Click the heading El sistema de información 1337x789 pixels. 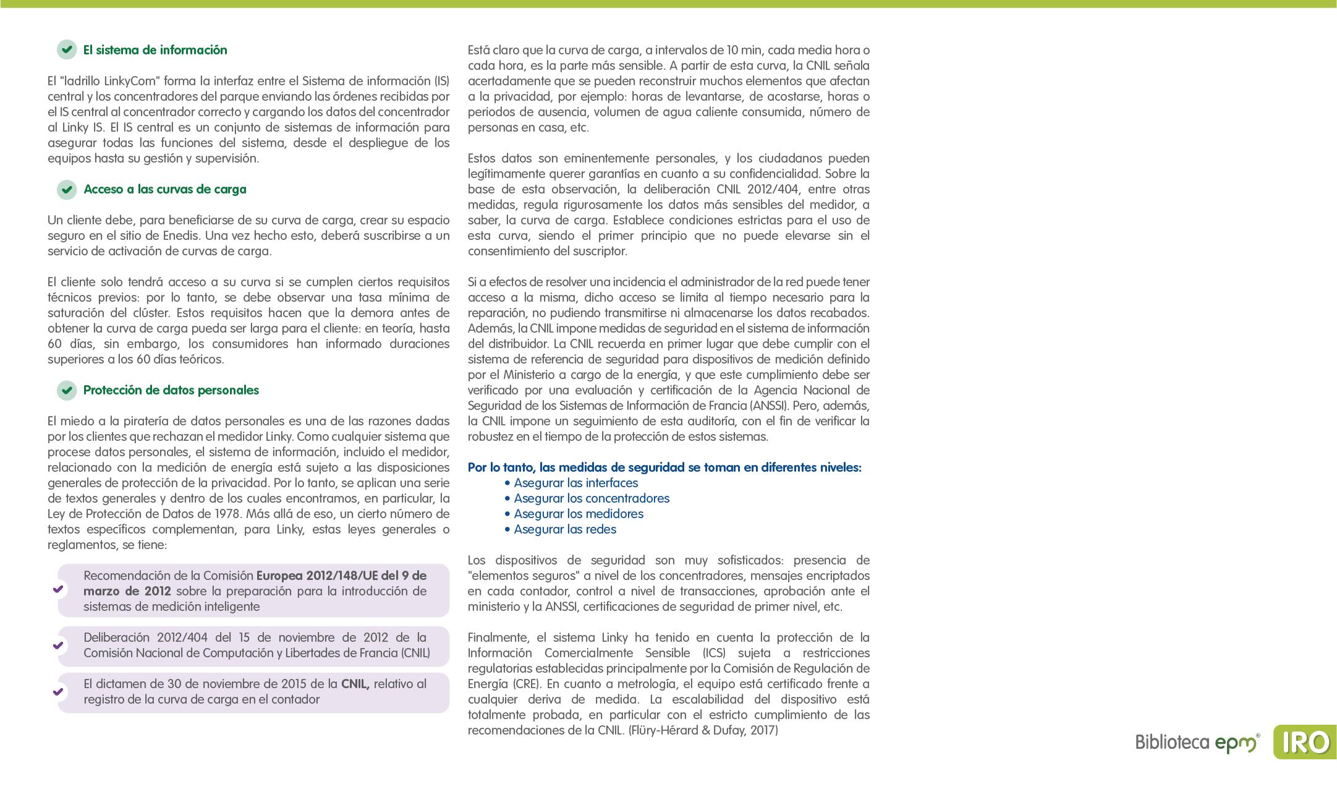pyautogui.click(x=155, y=50)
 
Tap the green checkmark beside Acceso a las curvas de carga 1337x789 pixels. pyautogui.click(x=67, y=189)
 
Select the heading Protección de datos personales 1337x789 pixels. pyautogui.click(x=171, y=390)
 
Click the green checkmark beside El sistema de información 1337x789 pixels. pyautogui.click(x=67, y=50)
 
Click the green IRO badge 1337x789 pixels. pyautogui.click(x=1304, y=742)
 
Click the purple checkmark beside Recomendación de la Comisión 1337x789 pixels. pyautogui.click(x=58, y=589)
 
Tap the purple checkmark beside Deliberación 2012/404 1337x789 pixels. pyautogui.click(x=58, y=646)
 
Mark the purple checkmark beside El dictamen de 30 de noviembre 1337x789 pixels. pyautogui.click(x=58, y=692)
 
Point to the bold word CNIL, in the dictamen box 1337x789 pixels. pyautogui.click(x=355, y=684)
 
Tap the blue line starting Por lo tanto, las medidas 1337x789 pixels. pyautogui.click(x=664, y=467)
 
